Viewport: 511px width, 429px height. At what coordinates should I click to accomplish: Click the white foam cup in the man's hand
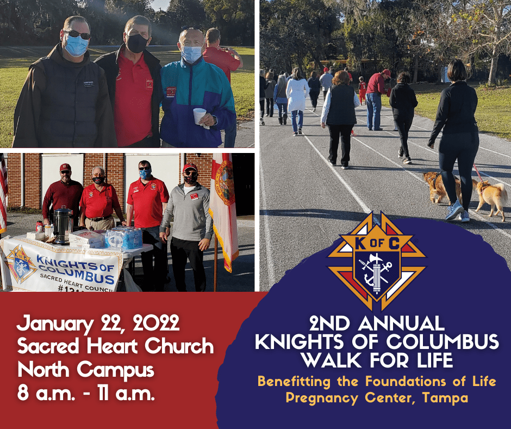[x=200, y=116]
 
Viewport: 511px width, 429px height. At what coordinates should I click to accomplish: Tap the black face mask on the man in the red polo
[x=137, y=43]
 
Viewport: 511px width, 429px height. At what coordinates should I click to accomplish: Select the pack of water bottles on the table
[x=124, y=237]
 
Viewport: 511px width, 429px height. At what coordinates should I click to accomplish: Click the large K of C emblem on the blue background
[x=377, y=261]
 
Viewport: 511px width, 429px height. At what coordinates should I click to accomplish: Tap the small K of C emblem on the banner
[x=21, y=264]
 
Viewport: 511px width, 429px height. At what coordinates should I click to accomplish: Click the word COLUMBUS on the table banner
[x=77, y=274]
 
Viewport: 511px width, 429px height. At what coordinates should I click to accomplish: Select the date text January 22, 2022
[x=98, y=323]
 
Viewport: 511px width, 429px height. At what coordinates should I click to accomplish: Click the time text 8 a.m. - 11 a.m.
[x=86, y=393]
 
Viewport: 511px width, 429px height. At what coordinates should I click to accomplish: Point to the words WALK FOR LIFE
[x=377, y=360]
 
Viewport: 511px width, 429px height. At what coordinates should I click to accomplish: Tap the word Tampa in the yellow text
[x=445, y=398]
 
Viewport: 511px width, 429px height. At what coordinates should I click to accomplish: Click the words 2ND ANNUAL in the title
[x=377, y=323]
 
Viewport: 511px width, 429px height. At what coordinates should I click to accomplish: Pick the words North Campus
[x=86, y=370]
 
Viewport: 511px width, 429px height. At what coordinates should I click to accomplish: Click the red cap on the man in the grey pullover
[x=190, y=168]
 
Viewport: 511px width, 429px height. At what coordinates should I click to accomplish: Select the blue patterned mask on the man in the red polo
[x=145, y=174]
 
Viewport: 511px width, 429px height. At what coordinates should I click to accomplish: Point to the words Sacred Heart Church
[x=115, y=346]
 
